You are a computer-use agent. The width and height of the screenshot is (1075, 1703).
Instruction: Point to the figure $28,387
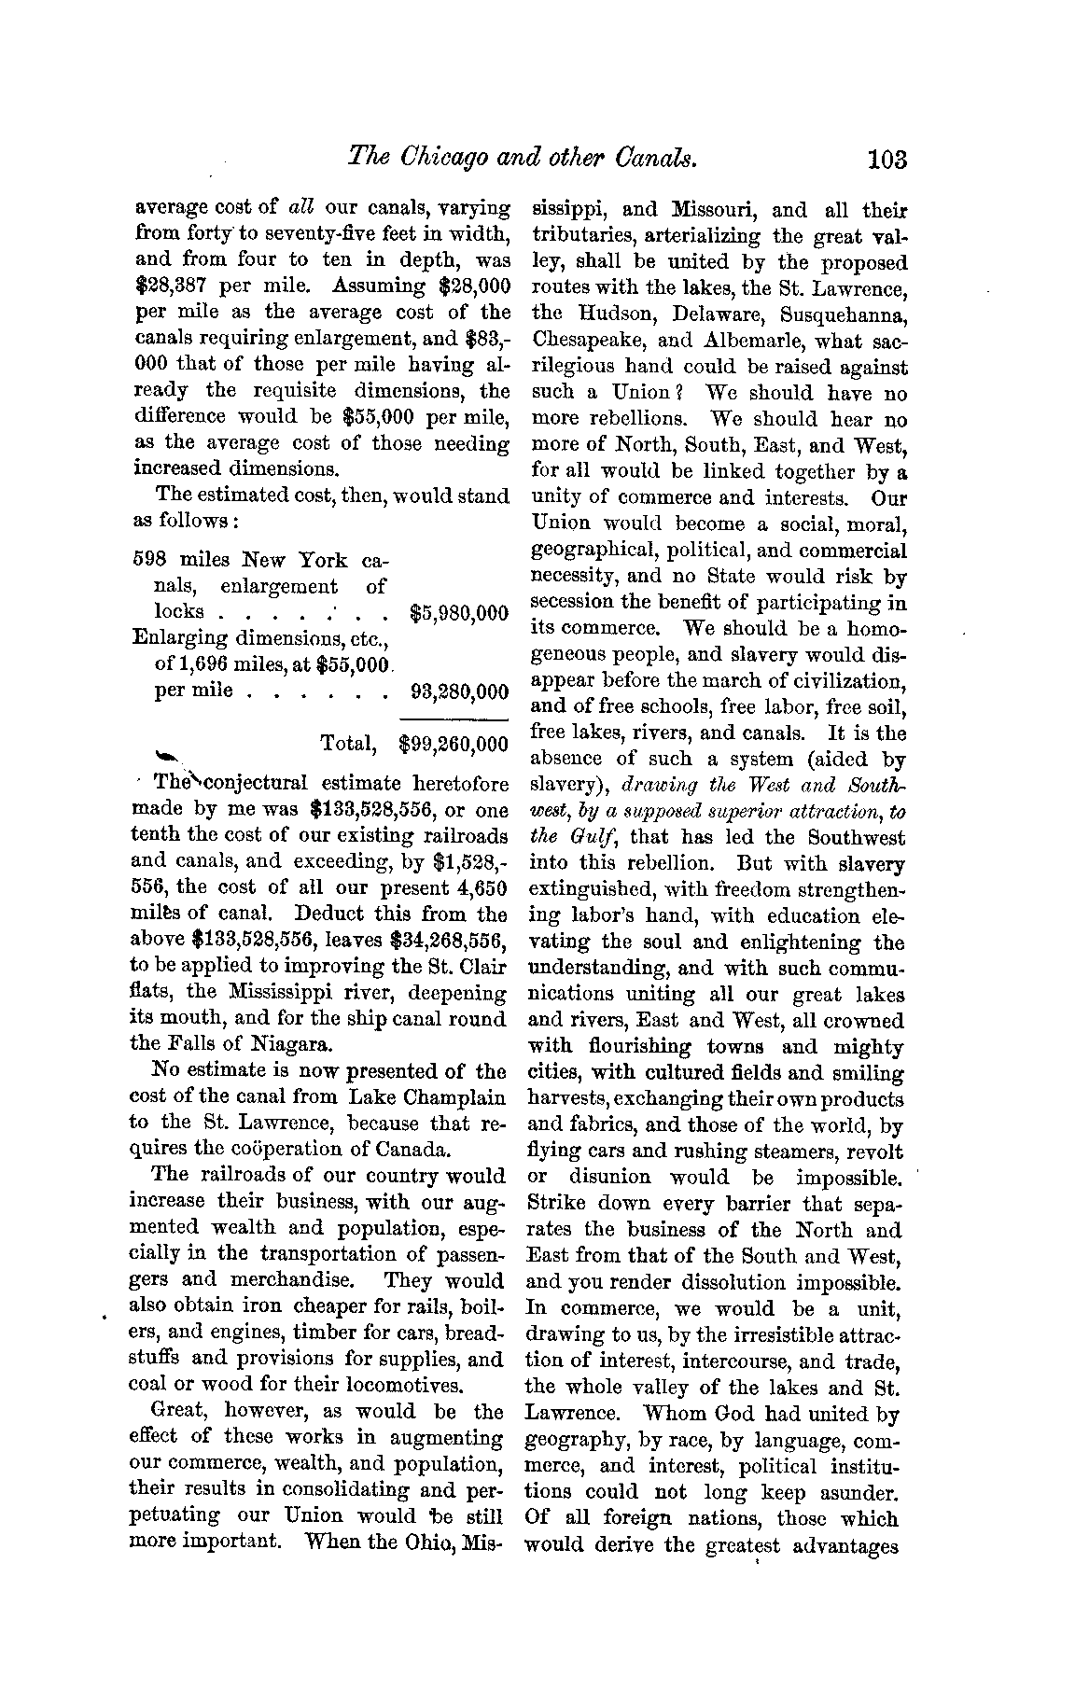(x=173, y=286)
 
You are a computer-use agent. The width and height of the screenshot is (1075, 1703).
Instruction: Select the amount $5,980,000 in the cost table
(x=459, y=614)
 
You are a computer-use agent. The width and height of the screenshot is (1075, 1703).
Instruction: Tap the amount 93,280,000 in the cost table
(x=459, y=692)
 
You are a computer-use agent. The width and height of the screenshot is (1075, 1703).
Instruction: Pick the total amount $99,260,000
(x=453, y=744)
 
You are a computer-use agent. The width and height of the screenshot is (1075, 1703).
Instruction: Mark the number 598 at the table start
(x=149, y=560)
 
